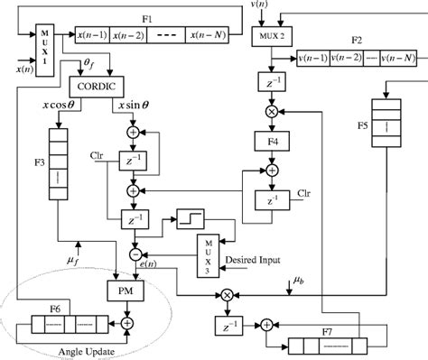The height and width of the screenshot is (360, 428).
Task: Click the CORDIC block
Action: [x=97, y=86]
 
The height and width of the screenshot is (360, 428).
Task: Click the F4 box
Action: [x=268, y=142]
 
